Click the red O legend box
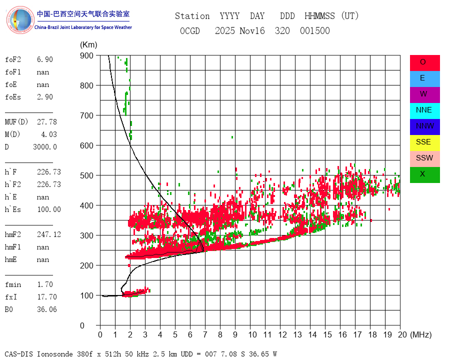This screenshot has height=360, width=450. (424, 62)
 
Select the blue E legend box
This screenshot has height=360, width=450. (424, 78)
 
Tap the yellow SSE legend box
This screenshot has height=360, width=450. (424, 142)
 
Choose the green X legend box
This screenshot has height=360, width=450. (424, 174)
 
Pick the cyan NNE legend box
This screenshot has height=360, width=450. (424, 110)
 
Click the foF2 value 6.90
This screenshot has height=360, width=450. (44, 59)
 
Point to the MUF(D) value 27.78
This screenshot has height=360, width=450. (46, 122)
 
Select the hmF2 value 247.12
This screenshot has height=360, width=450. (48, 234)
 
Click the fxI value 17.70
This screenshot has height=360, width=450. (46, 297)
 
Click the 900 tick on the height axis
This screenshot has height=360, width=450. (89, 55)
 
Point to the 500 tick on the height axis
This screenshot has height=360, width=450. (89, 175)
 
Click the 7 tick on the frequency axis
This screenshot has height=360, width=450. (205, 334)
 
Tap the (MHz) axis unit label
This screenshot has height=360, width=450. (420, 334)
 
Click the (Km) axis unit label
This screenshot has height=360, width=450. (88, 45)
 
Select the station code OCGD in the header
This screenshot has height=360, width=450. (190, 31)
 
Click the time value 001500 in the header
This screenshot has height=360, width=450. (315, 31)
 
